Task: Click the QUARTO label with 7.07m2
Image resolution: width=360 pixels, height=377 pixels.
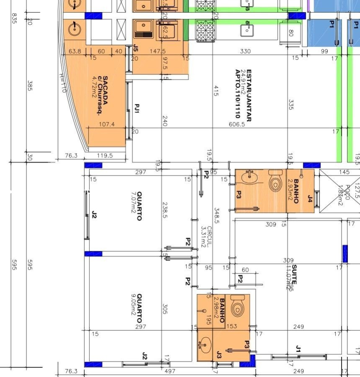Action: (x=139, y=206)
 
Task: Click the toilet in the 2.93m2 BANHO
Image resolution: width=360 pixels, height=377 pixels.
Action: (x=275, y=182)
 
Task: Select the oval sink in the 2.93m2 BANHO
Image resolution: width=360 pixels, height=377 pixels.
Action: (x=250, y=177)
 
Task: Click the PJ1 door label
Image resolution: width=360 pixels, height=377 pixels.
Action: (x=136, y=109)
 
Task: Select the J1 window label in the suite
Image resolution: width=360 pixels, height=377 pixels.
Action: (x=298, y=349)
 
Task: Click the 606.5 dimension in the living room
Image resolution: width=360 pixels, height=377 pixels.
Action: (x=237, y=124)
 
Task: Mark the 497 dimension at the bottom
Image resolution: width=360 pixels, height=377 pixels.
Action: (x=170, y=371)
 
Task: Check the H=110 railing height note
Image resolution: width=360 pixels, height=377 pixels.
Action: (x=63, y=83)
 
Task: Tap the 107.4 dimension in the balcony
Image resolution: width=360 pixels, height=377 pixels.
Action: (x=106, y=124)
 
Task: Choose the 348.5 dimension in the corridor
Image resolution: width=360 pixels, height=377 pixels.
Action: (x=217, y=215)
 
